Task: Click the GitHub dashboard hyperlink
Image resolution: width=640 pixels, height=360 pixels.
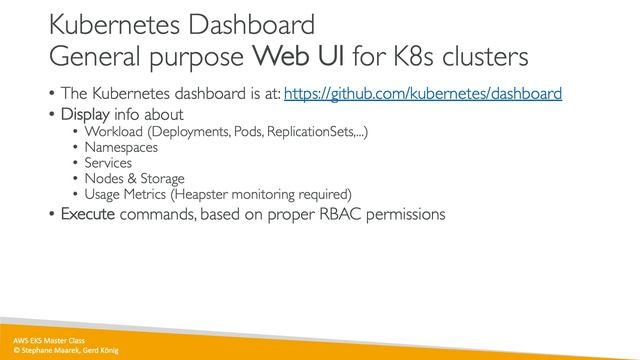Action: tap(422, 94)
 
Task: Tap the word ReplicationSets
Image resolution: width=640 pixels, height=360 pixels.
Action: tap(306, 131)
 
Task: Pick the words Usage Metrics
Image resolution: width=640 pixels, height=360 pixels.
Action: tap(128, 194)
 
